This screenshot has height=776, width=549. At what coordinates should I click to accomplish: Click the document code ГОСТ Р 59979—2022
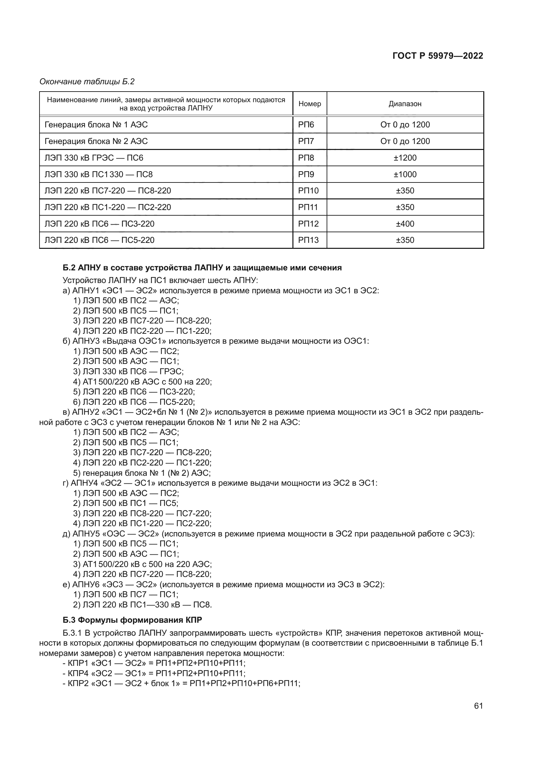(x=437, y=56)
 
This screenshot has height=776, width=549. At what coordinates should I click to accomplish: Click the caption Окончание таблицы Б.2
(x=87, y=82)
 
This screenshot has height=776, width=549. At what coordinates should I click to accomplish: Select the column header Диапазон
(x=405, y=104)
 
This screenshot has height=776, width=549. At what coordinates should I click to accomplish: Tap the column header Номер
(x=309, y=104)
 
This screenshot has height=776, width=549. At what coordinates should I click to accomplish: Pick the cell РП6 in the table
(x=306, y=125)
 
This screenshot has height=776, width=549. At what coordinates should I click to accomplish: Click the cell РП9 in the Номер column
(x=306, y=175)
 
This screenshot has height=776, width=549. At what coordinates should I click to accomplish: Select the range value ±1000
(x=405, y=175)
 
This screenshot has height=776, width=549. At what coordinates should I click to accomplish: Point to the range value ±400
(x=405, y=224)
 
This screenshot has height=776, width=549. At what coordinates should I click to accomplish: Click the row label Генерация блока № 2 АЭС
(x=96, y=141)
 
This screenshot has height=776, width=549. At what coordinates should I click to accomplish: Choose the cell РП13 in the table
(x=308, y=240)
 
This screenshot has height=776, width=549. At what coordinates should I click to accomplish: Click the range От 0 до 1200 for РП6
(x=405, y=125)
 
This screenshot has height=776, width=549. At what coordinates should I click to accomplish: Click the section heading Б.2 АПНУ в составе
(x=202, y=268)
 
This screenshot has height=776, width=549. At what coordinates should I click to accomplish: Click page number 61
(x=478, y=706)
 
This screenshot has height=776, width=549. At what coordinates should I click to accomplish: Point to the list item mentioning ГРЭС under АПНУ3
(x=128, y=372)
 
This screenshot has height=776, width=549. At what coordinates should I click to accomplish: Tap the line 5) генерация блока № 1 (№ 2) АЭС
(x=142, y=473)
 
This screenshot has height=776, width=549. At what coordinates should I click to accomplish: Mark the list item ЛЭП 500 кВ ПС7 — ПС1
(x=126, y=594)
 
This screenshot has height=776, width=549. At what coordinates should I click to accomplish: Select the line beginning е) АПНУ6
(x=223, y=584)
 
